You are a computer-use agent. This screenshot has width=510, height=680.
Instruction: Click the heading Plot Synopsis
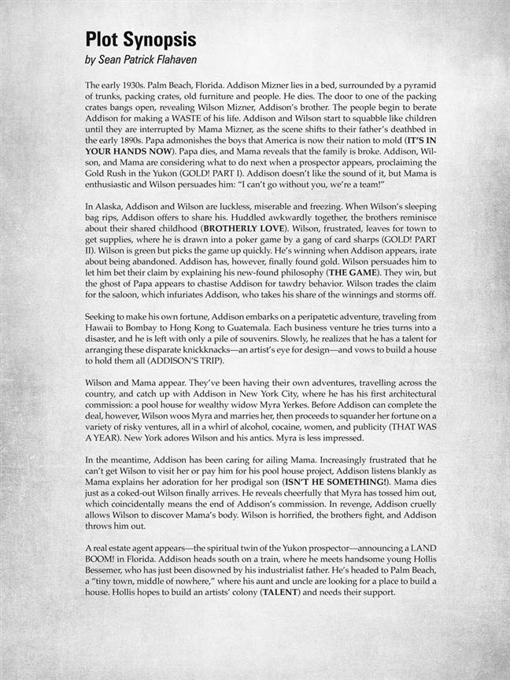pos(141,40)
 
